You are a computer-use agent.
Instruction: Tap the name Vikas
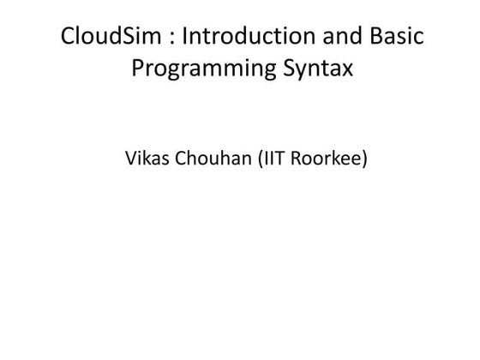coord(146,159)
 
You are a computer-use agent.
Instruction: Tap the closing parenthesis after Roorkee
coord(368,159)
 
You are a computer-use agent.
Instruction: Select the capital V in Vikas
coord(130,159)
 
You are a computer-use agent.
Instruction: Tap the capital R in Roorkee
coord(301,159)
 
